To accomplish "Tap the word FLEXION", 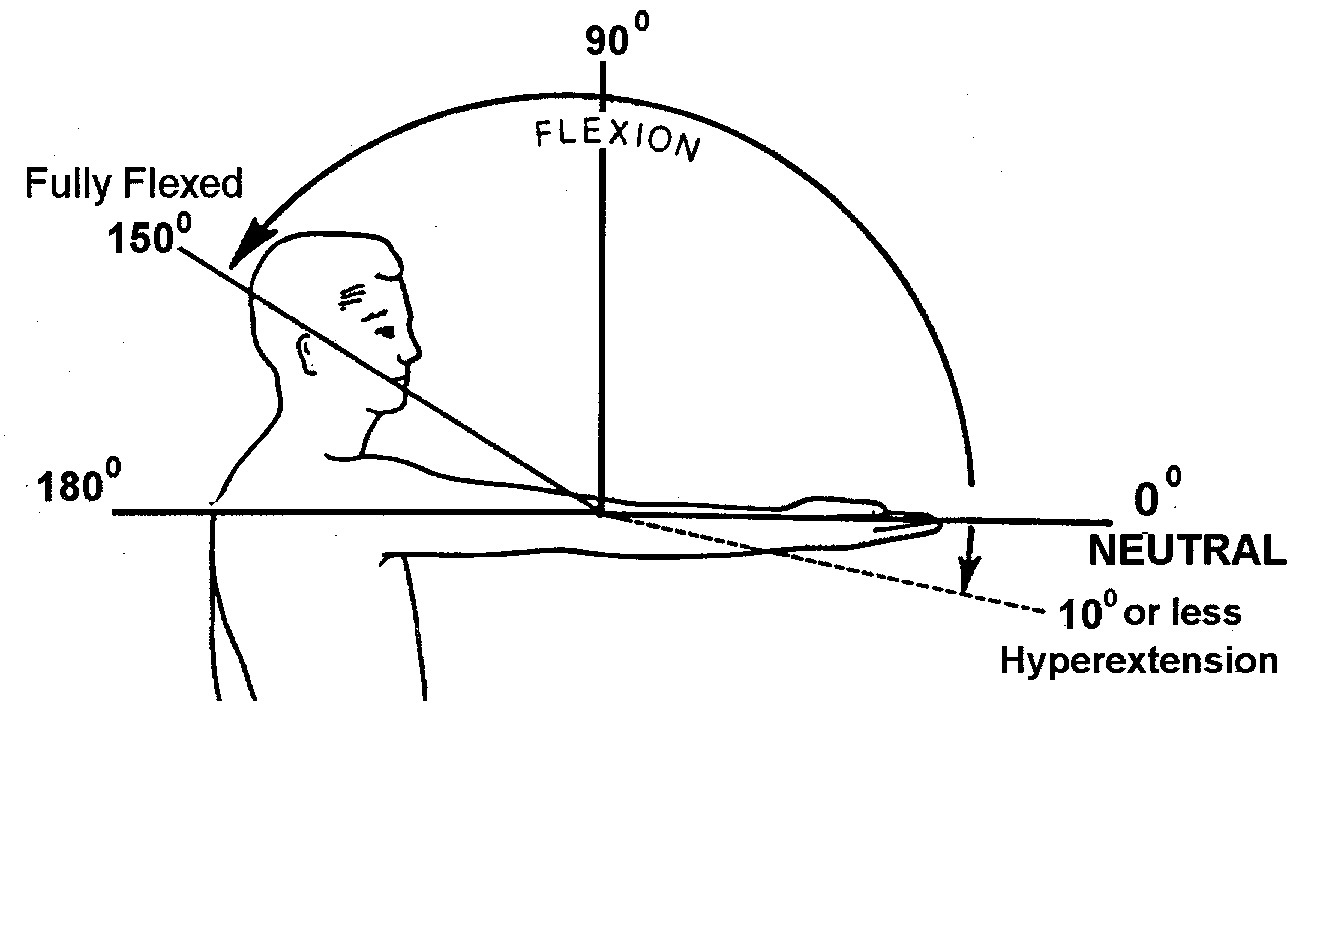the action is (616, 138).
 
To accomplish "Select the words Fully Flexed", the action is (133, 184).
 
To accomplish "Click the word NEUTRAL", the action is (1186, 551).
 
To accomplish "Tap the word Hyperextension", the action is (1139, 661).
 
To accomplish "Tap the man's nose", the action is (410, 351).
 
